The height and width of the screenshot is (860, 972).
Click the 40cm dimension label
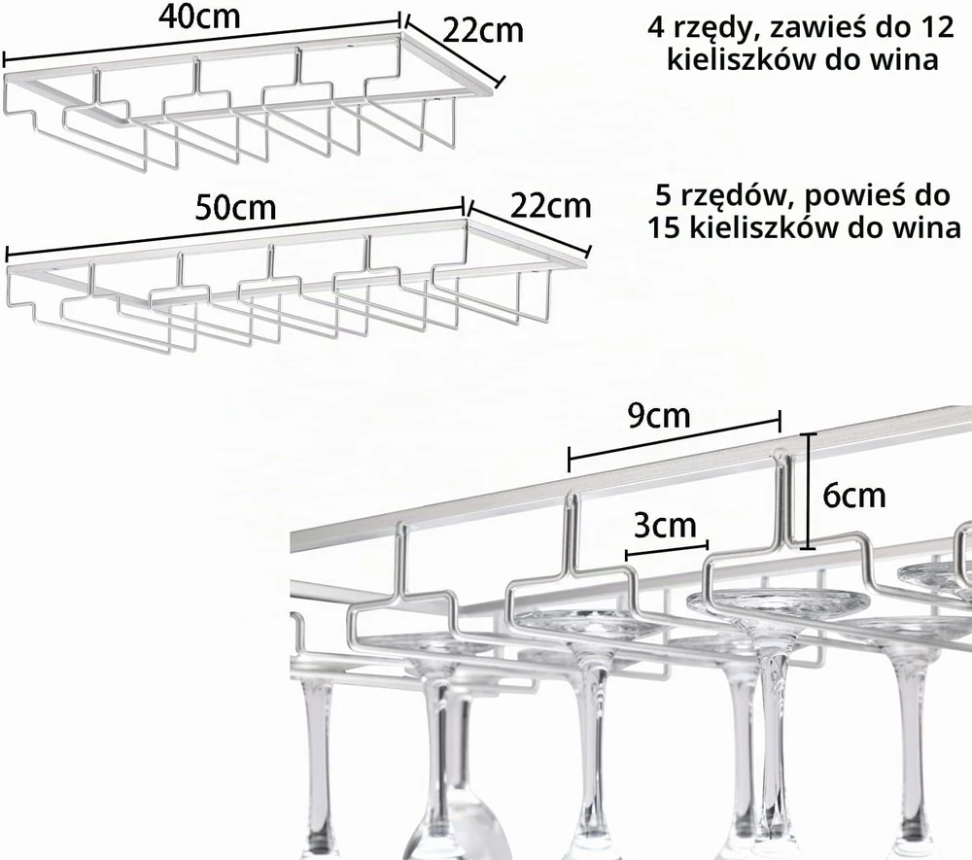199,17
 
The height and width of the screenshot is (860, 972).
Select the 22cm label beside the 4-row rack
483,30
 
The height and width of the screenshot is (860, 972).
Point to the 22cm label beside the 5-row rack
550,205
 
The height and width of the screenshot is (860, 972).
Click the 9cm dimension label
659,416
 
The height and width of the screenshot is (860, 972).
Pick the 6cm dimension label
854,496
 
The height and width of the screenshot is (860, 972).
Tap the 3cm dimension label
665,526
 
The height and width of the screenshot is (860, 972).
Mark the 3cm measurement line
667,550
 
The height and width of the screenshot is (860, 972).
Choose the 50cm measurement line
235,230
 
